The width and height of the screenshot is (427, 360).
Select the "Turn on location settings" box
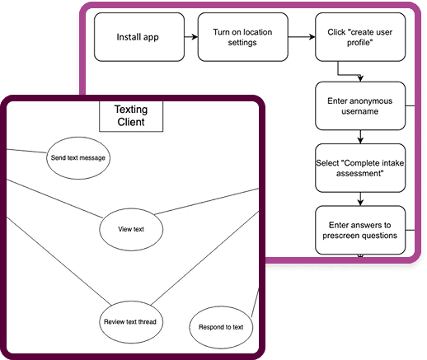pos(237,37)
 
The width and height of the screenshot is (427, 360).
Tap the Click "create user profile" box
pos(360,37)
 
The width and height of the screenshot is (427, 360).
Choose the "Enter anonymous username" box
pos(360,105)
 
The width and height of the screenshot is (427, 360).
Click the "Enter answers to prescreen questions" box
pos(360,230)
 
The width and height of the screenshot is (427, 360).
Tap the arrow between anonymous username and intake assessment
pos(361,137)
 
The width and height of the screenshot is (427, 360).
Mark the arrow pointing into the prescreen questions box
pos(361,199)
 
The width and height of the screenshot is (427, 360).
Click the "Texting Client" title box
pos(130,116)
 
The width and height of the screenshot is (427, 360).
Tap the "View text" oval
pos(132,228)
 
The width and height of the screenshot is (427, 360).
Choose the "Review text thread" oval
pos(129,320)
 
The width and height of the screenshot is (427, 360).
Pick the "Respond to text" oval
pos(221,327)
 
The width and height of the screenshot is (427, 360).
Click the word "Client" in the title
pos(130,123)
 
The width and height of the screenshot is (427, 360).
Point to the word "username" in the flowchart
pos(360,111)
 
